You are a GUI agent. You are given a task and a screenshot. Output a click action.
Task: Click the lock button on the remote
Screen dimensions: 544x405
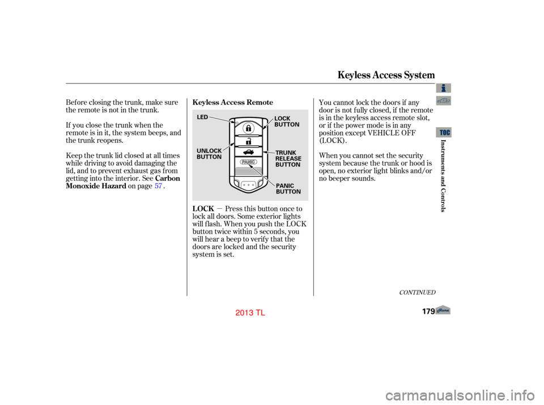(248, 128)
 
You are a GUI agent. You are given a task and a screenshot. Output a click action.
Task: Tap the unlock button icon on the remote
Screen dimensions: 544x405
(248, 141)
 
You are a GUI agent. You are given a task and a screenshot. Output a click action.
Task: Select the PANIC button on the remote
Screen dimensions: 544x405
(248, 162)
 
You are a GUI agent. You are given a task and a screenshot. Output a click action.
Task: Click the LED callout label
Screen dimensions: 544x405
(202, 117)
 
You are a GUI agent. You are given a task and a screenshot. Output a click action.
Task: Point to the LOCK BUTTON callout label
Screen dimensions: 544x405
(287, 121)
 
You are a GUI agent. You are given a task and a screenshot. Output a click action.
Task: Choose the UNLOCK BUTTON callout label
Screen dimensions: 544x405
(209, 154)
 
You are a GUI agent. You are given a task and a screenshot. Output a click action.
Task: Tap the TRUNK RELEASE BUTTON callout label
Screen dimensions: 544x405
(288, 159)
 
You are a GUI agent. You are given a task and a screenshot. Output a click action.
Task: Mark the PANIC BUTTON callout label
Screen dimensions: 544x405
(288, 189)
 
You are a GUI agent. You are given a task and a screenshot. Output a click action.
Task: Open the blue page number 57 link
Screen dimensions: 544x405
(158, 186)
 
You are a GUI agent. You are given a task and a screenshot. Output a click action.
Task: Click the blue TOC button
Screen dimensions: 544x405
(444, 132)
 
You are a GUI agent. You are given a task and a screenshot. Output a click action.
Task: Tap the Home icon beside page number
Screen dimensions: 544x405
(443, 310)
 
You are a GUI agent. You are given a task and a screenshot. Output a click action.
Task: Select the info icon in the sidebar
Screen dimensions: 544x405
(443, 88)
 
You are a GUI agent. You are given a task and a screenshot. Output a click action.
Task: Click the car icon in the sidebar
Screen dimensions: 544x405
(443, 101)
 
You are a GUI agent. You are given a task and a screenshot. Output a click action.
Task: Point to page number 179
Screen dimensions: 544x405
(428, 311)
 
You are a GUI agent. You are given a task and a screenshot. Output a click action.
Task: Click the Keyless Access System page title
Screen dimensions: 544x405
(386, 75)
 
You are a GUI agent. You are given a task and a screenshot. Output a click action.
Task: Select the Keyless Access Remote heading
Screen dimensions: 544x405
(232, 103)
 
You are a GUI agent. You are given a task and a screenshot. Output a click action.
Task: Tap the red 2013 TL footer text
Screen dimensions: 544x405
(250, 313)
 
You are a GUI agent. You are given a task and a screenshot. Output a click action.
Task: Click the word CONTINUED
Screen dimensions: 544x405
(417, 293)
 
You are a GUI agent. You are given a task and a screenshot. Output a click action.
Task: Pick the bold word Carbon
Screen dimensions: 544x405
(168, 179)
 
